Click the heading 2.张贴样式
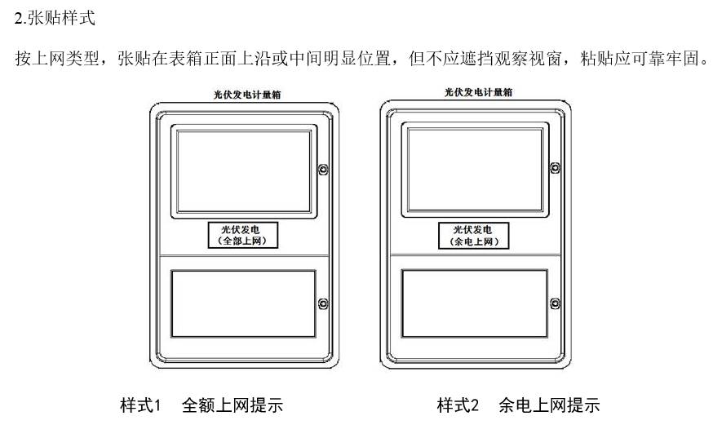[55, 17]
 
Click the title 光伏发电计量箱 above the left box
[242, 95]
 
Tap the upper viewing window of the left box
[244, 172]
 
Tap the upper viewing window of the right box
[476, 169]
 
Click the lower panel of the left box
[242, 303]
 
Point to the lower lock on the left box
[323, 304]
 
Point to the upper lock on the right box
[555, 168]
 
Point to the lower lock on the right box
[555, 304]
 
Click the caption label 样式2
[458, 405]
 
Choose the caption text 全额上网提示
[232, 405]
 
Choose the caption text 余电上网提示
[549, 405]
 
